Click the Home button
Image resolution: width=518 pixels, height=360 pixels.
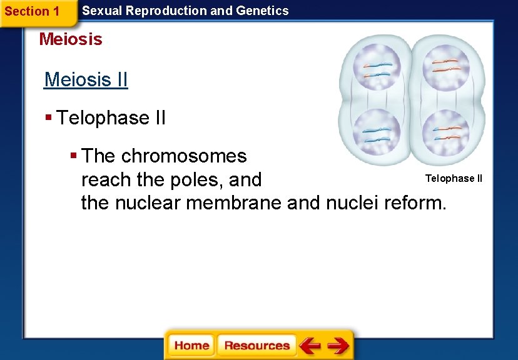(x=191, y=346)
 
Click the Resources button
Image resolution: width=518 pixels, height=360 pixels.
(x=256, y=346)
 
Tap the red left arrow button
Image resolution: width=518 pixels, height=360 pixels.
(x=310, y=346)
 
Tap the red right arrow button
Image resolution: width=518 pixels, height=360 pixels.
(x=338, y=346)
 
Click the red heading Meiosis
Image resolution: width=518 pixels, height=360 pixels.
(x=70, y=39)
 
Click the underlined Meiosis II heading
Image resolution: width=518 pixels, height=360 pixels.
(x=86, y=80)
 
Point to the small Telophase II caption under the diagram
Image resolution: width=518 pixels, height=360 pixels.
(x=454, y=179)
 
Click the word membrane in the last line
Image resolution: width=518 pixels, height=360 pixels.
(x=238, y=202)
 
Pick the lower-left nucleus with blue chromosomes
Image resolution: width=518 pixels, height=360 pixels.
(x=377, y=131)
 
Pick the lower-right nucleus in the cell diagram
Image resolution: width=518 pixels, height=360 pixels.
(x=445, y=131)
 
